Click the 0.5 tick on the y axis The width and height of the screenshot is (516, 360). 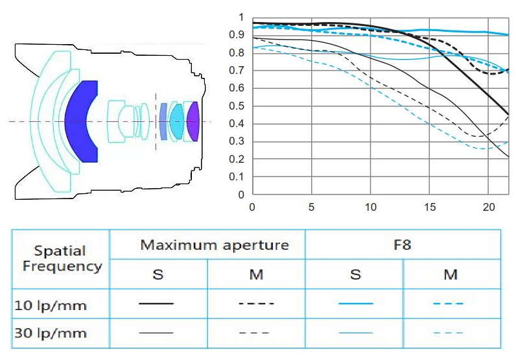point(241,106)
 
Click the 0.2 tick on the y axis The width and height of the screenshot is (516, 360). point(241,159)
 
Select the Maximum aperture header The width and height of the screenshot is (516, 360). point(214,245)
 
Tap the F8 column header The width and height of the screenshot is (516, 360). point(403,245)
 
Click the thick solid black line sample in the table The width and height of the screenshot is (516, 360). point(157,303)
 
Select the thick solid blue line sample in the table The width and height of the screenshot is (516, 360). point(355,303)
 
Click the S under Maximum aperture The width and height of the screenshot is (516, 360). point(158,274)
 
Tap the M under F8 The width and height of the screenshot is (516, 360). point(451,274)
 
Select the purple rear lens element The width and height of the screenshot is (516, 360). point(193,121)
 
